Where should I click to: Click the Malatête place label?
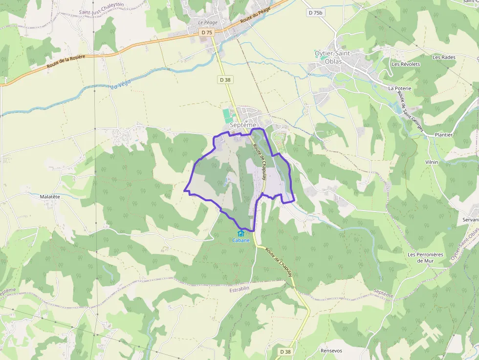[x=50, y=196]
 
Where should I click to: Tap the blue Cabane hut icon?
[x=240, y=233]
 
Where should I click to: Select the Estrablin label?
[x=239, y=289]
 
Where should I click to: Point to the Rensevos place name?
[x=331, y=351]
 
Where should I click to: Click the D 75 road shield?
[x=207, y=32]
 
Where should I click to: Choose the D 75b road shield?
[x=316, y=13]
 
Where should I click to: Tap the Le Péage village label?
[x=207, y=22]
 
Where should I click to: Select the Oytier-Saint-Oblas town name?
[x=335, y=58]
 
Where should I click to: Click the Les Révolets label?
[x=406, y=64]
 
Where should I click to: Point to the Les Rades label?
[x=444, y=57]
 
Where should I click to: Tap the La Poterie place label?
[x=399, y=88]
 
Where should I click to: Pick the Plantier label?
[x=443, y=134]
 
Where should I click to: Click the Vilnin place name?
[x=432, y=162]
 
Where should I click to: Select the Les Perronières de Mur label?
[x=425, y=257]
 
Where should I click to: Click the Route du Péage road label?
[x=255, y=13]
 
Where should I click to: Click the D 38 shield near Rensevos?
[x=285, y=352]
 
